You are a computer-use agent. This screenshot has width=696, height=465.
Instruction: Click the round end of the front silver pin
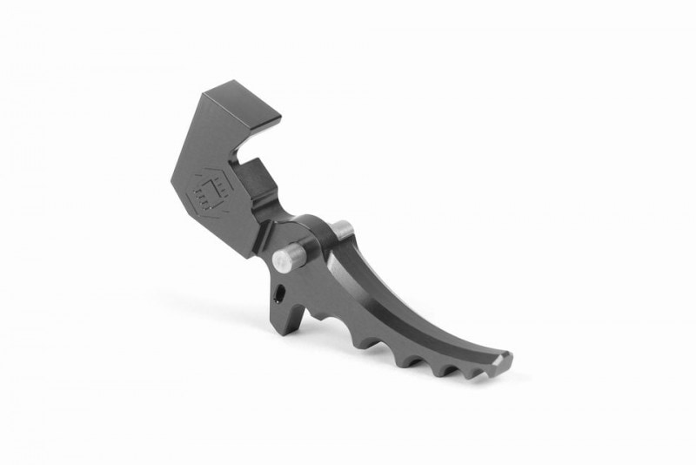tap(280, 259)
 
